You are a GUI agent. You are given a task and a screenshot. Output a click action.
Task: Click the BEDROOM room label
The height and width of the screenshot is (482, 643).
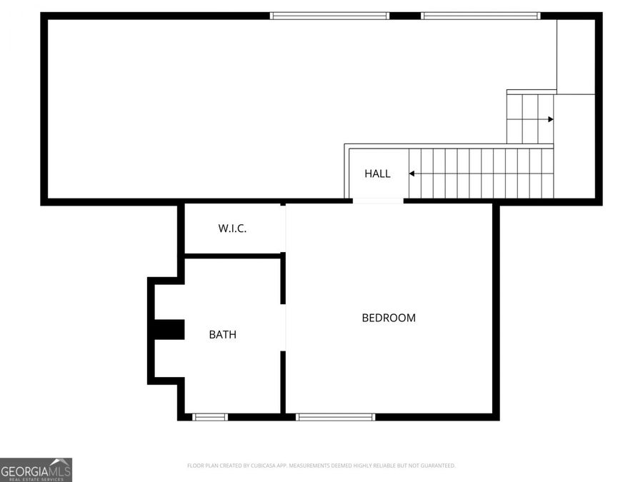pos(389,318)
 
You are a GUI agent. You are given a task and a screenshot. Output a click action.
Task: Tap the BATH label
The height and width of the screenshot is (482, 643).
pos(222,334)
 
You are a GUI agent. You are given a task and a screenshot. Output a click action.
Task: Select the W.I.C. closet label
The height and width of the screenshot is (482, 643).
pos(232,229)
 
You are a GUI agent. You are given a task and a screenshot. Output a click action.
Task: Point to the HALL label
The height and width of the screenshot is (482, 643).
pos(377,174)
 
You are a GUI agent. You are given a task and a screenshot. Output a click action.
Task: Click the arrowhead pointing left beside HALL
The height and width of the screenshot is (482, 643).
pos(412,174)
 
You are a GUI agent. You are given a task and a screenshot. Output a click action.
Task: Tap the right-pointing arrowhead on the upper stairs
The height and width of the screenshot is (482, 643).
pos(550,119)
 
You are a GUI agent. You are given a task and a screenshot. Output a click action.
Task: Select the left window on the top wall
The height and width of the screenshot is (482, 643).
pos(329,16)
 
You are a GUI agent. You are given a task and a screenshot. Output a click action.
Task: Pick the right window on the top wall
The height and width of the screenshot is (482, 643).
pos(480,16)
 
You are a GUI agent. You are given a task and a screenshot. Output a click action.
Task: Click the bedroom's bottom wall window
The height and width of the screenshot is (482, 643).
pos(335,417)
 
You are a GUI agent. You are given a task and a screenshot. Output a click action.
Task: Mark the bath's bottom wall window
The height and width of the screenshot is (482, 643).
pos(210,417)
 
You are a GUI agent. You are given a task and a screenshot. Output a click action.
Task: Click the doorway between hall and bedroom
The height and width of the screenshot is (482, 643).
pos(378,202)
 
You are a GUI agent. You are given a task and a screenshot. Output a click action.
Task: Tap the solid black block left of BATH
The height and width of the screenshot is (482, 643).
pos(170,330)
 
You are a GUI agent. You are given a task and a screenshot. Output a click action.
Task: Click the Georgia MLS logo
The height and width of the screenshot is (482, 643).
pos(36,470)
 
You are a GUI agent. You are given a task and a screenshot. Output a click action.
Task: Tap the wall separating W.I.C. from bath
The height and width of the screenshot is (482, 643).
pos(233,256)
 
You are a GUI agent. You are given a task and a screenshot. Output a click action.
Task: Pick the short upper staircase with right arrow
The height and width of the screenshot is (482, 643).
pos(530,119)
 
